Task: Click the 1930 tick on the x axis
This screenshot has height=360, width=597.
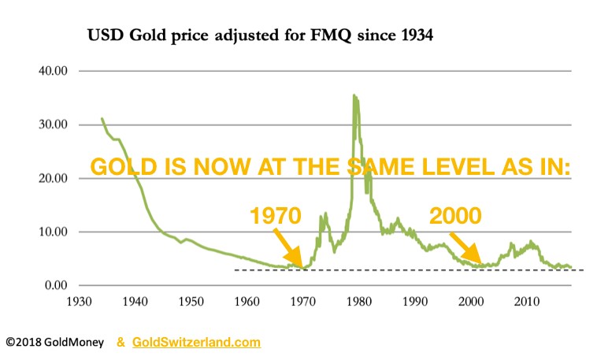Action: tap(80, 301)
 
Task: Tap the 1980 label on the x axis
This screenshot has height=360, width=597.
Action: tap(359, 301)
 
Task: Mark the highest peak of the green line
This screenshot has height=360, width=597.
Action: tap(354, 96)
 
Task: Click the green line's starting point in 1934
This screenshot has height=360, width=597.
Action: tap(102, 119)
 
